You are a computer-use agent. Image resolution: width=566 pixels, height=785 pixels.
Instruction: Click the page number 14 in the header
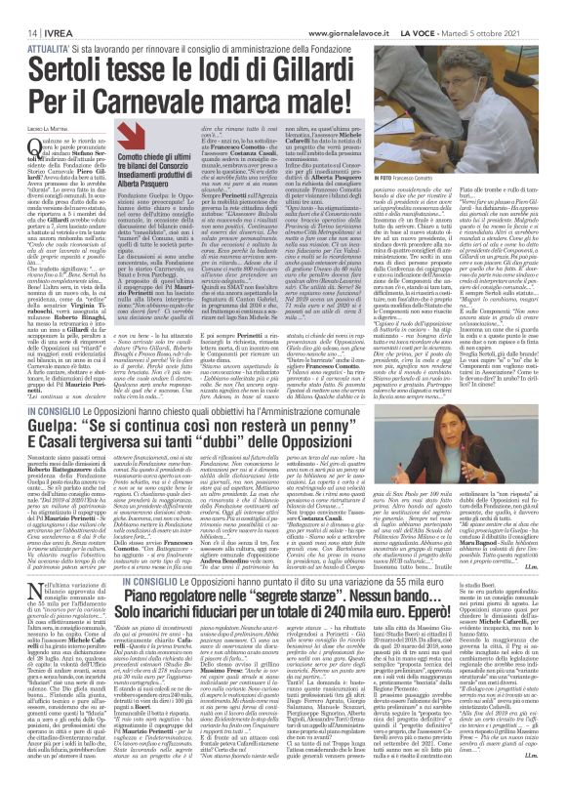(19, 10)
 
